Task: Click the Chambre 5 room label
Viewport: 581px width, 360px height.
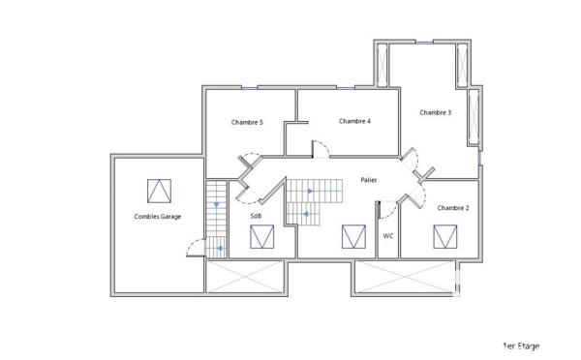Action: click(247, 123)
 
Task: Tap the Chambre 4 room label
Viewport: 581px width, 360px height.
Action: click(354, 121)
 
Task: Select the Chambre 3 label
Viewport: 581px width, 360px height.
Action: click(435, 112)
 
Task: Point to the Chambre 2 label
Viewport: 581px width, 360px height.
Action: click(452, 208)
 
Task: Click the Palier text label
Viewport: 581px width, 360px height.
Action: click(368, 180)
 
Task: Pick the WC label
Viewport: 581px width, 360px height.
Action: click(387, 235)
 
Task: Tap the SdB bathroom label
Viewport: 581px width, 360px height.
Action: click(256, 216)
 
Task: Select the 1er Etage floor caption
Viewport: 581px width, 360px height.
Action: click(520, 345)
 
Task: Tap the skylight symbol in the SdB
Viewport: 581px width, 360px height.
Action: click(261, 237)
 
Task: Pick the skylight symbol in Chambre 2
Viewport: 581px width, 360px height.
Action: click(445, 236)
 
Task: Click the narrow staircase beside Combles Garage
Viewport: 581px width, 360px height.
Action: click(216, 220)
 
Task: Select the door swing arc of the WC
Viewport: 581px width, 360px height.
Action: click(387, 208)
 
